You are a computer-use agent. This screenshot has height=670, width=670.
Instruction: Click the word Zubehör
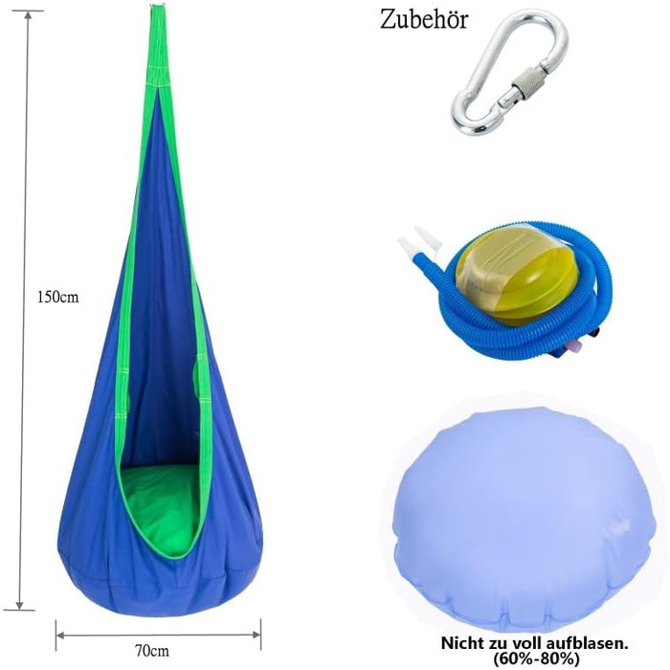click(424, 20)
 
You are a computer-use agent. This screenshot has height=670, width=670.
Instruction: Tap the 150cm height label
click(58, 297)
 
